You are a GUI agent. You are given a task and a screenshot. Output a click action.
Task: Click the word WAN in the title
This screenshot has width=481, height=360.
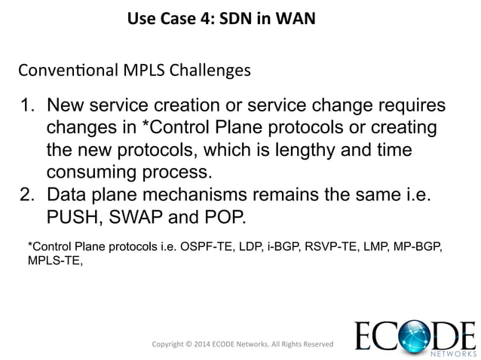click(296, 17)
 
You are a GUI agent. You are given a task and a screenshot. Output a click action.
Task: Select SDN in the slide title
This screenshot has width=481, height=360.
click(236, 17)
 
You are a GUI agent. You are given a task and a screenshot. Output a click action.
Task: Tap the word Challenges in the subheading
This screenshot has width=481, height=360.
click(212, 72)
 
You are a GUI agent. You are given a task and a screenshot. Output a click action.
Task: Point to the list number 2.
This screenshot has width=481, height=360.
click(26, 194)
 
